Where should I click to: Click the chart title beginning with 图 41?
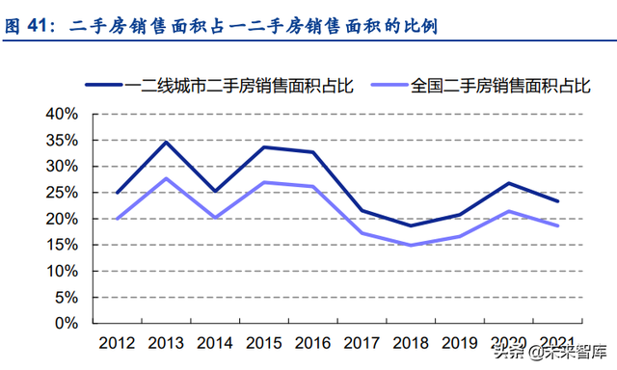pos(222,26)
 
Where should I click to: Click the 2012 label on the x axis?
pos(117,343)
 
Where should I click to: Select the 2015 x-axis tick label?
pos(263,343)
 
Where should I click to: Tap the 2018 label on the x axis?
pos(411,343)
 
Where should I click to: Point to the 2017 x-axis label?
pos(362,343)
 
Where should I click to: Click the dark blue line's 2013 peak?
pos(166,142)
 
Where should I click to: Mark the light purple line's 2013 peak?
pos(166,178)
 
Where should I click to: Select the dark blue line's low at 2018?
pos(411,225)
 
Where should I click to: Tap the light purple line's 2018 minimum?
pos(411,245)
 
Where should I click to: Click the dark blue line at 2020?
pos(508,183)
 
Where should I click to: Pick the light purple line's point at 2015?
pos(263,182)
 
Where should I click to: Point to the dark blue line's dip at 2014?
pos(215,191)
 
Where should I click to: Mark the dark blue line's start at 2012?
pos(117,193)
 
